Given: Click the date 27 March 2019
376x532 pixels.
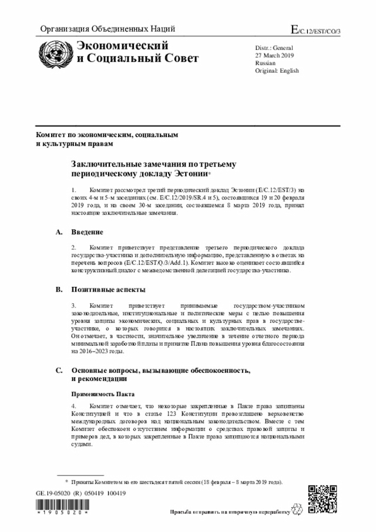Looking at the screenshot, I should (274, 55).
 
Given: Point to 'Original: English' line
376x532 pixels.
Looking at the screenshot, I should (277, 71).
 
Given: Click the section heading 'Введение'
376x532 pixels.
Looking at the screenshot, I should (88, 232).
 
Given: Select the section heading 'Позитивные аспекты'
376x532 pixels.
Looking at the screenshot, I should (109, 290).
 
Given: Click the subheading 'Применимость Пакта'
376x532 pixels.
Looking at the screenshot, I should (103, 394).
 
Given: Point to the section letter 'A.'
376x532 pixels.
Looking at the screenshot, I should (59, 232).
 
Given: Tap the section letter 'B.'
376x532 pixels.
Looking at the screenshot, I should (59, 290).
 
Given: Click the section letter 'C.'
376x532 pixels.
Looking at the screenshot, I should (59, 370).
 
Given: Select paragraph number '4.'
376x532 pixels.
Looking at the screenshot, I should (75, 406).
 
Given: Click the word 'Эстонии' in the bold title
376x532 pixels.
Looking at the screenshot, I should (190, 174).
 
